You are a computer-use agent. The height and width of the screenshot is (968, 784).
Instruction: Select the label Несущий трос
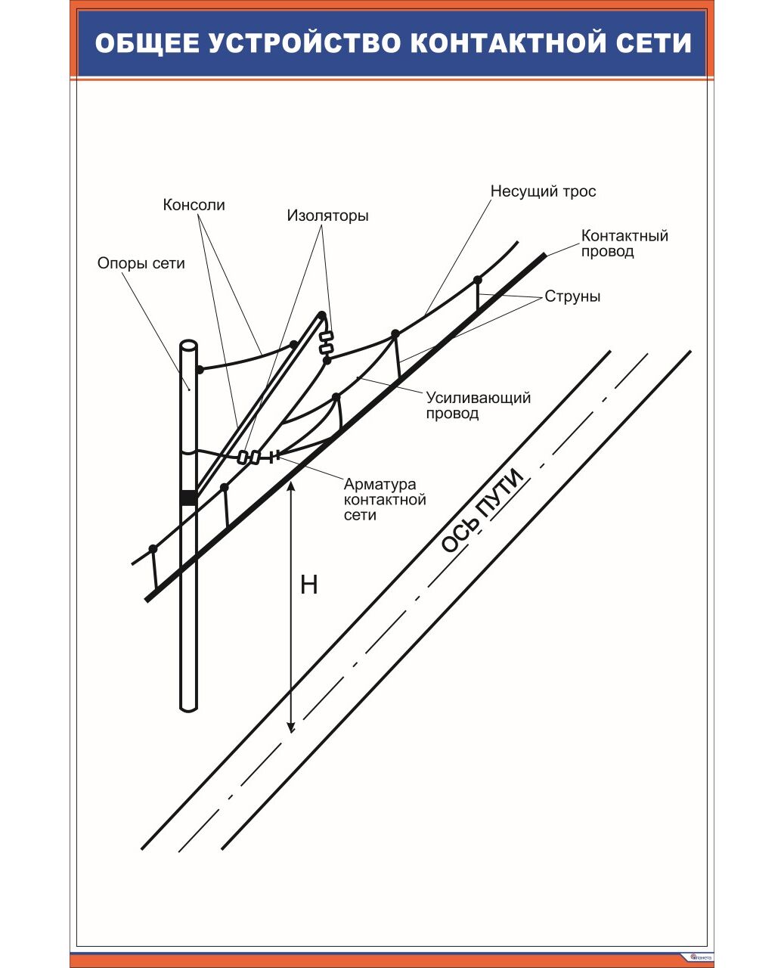pos(543,191)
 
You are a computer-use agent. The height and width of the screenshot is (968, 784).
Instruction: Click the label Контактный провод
pos(624,243)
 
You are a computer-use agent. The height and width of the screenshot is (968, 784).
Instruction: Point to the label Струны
pos(572,296)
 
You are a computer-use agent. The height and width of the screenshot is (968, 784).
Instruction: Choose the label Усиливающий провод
pos(478,405)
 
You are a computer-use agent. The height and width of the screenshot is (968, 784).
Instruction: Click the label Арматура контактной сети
pos(384,499)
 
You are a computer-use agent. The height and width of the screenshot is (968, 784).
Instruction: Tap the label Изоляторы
pos(327,216)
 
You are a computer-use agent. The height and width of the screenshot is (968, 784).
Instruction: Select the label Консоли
pos(194,205)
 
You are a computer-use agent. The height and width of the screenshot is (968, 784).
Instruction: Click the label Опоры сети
pos(141,263)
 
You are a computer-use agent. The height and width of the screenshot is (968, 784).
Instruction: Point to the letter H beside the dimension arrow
pos(308,585)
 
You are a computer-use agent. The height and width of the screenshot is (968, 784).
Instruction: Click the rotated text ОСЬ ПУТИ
pos(482,510)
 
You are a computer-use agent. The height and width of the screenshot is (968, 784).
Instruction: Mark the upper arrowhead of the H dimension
pos(291,484)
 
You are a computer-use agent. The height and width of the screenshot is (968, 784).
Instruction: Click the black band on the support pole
pos(188,498)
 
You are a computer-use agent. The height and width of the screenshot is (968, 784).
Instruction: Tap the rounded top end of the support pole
pos(188,346)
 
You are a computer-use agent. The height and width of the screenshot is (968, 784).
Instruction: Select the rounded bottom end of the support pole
pos(188,706)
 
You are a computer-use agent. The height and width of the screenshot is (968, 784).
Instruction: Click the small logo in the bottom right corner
pos(699,957)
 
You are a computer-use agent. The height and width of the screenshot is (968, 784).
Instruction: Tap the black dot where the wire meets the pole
pos(200,370)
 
